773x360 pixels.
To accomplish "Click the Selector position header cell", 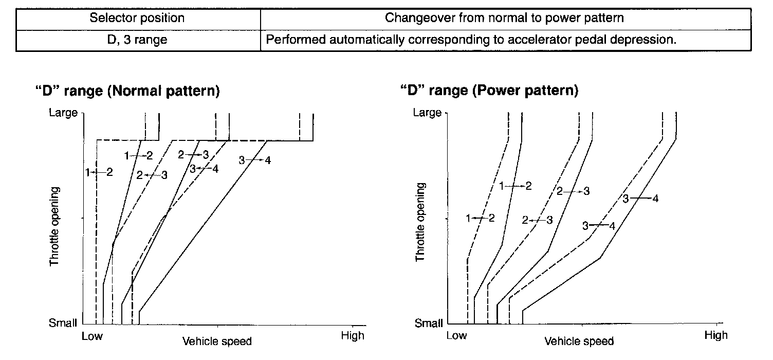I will pos(137,19).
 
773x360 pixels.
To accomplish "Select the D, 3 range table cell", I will pos(137,40).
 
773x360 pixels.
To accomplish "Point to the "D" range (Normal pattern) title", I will pos(127,91).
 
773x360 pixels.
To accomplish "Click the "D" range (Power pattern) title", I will pos(489,91).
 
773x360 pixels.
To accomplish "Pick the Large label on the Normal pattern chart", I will pos(63,112).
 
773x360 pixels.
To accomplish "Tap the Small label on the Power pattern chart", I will pos(429,323).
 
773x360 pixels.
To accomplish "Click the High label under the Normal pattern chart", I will pos(353,336).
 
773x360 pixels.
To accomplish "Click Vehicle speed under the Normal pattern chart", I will pos(217,341).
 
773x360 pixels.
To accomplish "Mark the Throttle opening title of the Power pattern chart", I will pos(420,221).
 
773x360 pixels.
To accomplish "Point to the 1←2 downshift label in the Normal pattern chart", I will pos(99,172).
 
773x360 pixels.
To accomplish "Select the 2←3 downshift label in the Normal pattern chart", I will pos(152,175).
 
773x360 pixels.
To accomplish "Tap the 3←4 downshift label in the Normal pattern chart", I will pos(204,168).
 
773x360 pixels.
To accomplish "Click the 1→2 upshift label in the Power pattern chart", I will pos(515,186).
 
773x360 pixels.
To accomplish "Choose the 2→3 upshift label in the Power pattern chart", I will pos(573,191).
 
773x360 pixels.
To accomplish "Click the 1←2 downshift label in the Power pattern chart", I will pos(480,219).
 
